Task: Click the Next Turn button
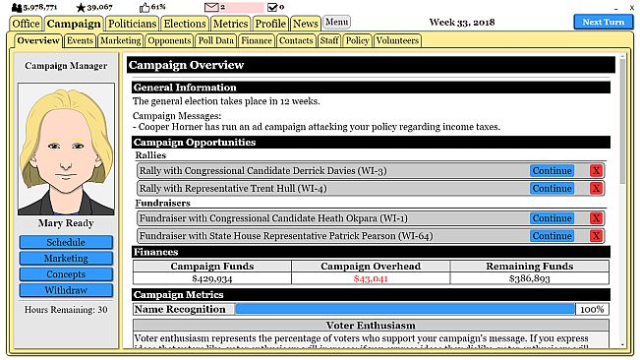tap(604, 23)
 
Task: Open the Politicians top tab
tap(132, 23)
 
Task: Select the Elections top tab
tap(184, 23)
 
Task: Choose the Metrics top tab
tap(229, 23)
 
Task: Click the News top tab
tap(306, 23)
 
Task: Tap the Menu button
tap(337, 22)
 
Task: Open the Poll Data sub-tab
tap(216, 41)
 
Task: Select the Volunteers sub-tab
tap(397, 41)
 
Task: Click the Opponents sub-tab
tap(169, 41)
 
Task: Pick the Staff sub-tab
tap(329, 41)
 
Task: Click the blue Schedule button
tap(66, 242)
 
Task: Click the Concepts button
tap(66, 274)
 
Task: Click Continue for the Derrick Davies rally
tap(552, 171)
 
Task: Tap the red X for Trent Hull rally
tap(596, 188)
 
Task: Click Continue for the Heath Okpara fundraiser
tap(552, 218)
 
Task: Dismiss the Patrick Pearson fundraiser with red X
tap(596, 236)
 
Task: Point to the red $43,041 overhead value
tap(371, 279)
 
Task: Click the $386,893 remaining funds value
tap(530, 279)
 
